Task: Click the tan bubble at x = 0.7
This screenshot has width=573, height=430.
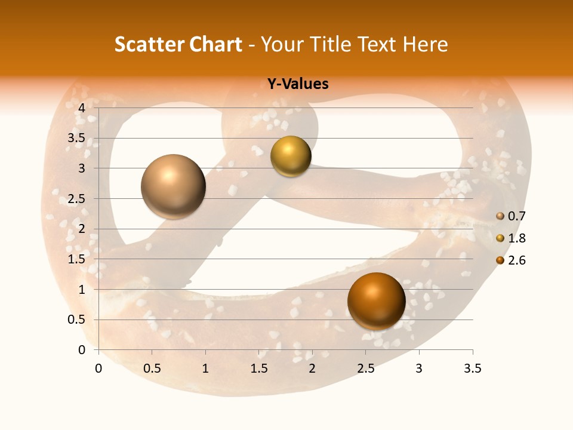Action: tap(174, 186)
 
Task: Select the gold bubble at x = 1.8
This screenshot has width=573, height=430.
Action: tap(291, 156)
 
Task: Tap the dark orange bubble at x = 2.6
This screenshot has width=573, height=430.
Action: tap(376, 301)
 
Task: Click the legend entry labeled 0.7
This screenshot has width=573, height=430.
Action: tap(511, 216)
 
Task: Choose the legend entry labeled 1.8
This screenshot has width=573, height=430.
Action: tap(511, 238)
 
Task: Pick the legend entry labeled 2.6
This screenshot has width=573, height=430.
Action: tap(511, 260)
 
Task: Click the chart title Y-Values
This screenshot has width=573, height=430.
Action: tap(298, 84)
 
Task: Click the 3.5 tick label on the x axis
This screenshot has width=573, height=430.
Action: tap(472, 368)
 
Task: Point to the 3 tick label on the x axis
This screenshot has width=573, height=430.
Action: tap(419, 368)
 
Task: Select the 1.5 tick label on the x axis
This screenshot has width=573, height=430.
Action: tap(258, 368)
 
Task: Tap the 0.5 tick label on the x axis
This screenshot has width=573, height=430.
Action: tap(152, 368)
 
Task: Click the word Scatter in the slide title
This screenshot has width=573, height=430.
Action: tap(149, 44)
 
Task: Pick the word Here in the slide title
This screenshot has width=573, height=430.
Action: tap(425, 44)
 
